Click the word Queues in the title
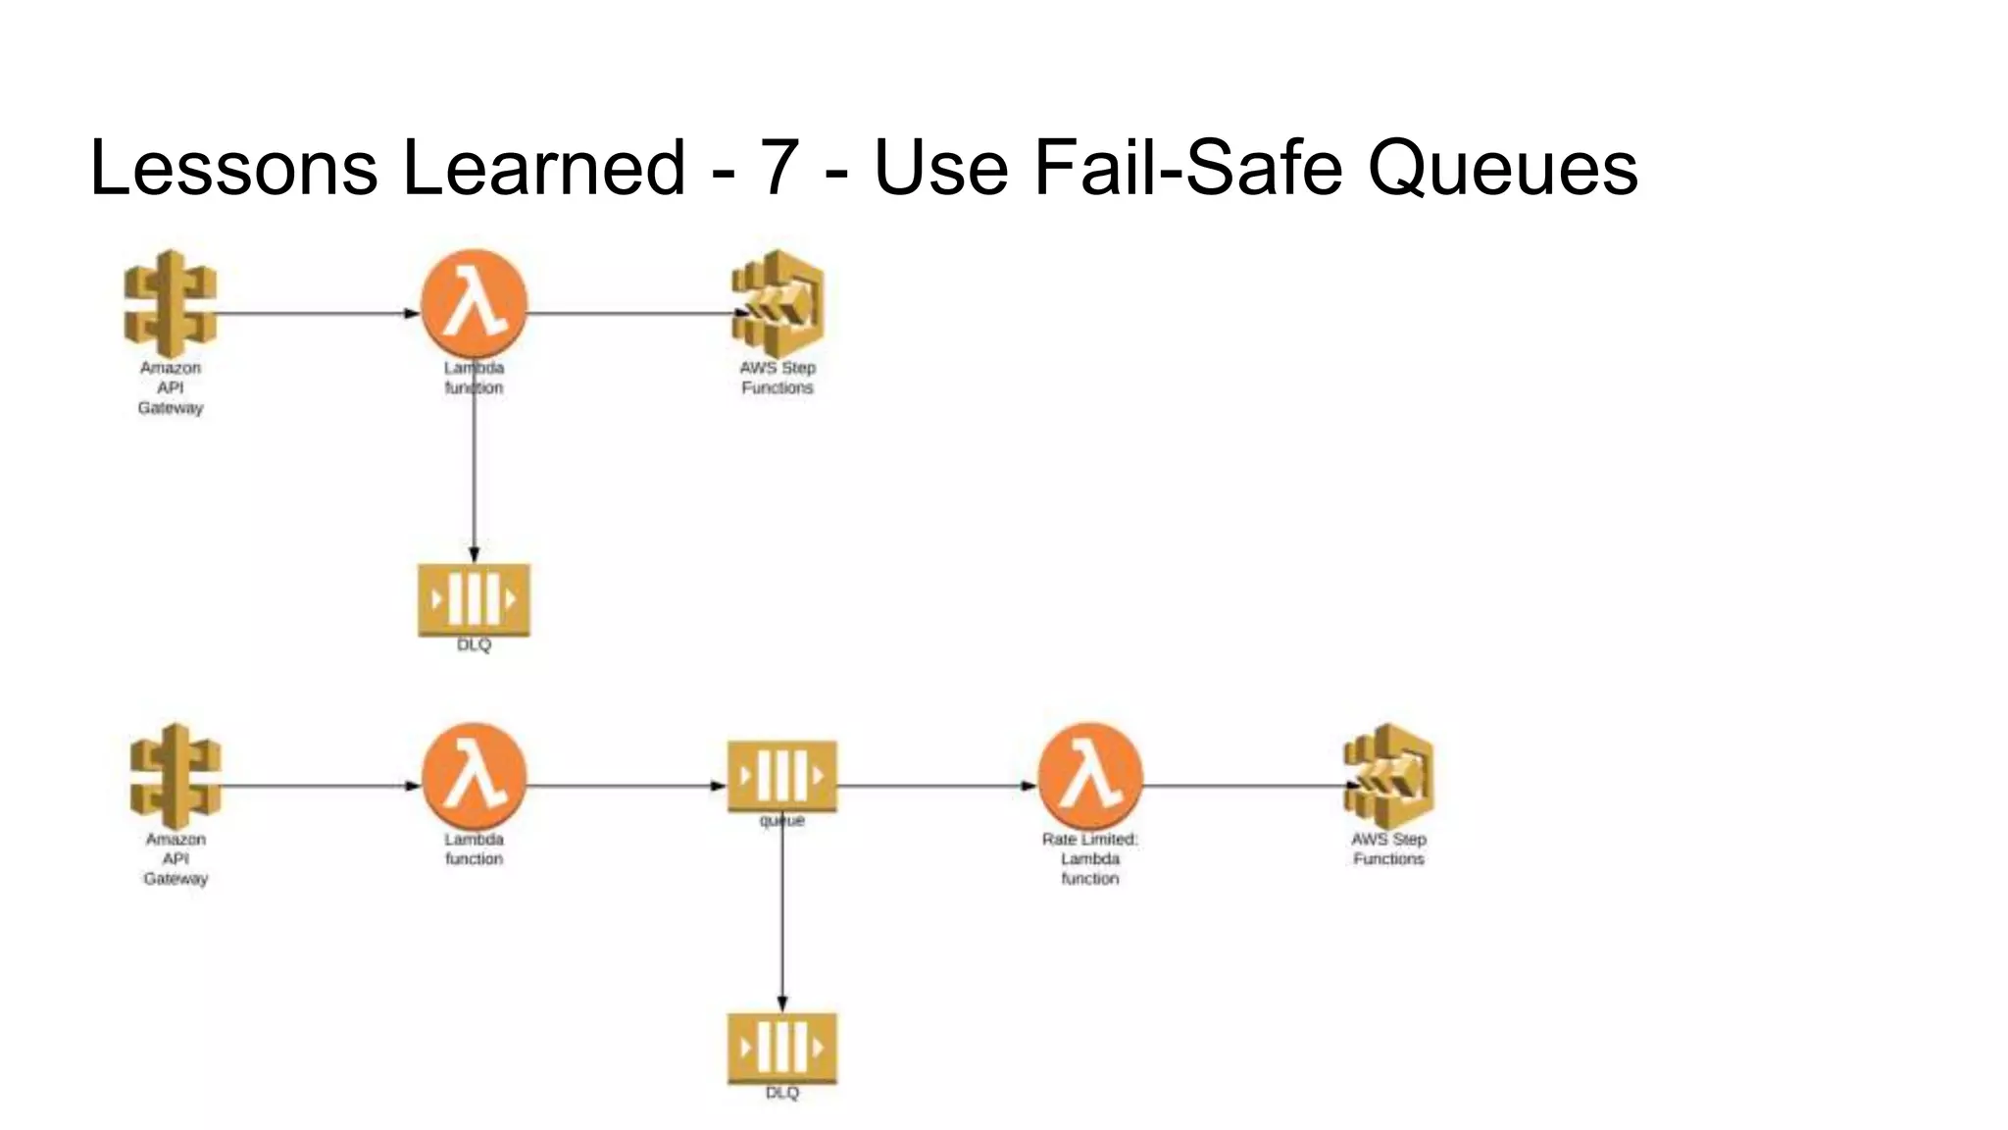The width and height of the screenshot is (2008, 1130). tap(1502, 169)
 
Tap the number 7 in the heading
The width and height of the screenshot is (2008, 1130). tap(778, 169)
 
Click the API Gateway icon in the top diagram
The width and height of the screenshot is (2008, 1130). tap(171, 304)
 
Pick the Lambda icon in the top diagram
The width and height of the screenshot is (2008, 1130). tap(475, 304)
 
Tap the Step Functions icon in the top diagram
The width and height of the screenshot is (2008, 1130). tap(778, 304)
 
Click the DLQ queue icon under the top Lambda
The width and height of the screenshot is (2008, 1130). tap(475, 598)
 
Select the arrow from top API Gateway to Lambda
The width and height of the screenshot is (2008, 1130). tap(314, 314)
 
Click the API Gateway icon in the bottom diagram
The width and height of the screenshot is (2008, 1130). tap(176, 776)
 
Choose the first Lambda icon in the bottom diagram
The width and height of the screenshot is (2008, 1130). tap(475, 776)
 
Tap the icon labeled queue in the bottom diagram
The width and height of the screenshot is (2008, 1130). tap(782, 776)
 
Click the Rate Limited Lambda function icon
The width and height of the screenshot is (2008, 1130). tap(1090, 776)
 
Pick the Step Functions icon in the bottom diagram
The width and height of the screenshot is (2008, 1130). tap(1389, 776)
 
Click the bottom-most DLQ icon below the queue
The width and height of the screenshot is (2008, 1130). tap(782, 1047)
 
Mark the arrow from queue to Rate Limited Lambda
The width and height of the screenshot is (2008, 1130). tap(936, 786)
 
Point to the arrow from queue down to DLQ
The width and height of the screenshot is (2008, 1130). tap(782, 922)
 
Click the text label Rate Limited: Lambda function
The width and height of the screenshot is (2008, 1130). tap(1090, 858)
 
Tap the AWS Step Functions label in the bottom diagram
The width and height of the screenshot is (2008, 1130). tap(1388, 848)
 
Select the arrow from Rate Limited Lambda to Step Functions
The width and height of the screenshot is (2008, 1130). tap(1245, 786)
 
